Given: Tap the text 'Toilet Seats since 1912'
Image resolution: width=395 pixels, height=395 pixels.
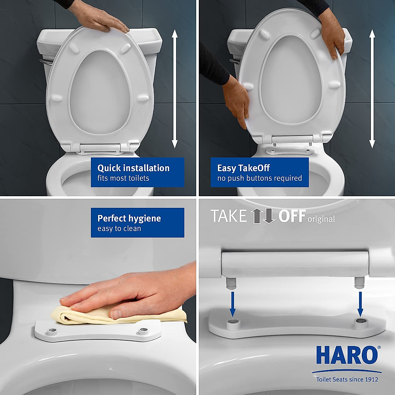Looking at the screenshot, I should (347, 380).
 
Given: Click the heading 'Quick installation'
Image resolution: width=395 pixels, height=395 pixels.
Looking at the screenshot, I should (133, 168).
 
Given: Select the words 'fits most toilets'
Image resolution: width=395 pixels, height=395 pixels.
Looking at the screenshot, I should (123, 178).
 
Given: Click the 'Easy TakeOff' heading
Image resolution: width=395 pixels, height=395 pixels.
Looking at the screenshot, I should (243, 168).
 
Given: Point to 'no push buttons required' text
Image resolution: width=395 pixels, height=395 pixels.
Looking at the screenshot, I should (259, 178).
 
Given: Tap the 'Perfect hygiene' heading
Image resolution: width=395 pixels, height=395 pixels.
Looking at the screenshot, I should (129, 218).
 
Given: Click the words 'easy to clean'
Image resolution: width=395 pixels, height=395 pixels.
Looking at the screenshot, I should (119, 229).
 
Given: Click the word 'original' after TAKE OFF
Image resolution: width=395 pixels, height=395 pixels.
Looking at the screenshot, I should (321, 219).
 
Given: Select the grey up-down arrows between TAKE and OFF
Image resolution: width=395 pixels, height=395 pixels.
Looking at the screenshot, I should (263, 216).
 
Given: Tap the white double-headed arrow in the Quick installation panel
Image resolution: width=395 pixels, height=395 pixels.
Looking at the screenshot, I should (175, 89).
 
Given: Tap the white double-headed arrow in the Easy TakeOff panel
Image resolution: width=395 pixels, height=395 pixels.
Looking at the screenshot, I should (372, 89).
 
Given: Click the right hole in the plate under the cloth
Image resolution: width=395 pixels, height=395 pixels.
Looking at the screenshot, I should (143, 330).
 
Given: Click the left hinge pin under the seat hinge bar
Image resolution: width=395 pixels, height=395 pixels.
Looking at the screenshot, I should (231, 283).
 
